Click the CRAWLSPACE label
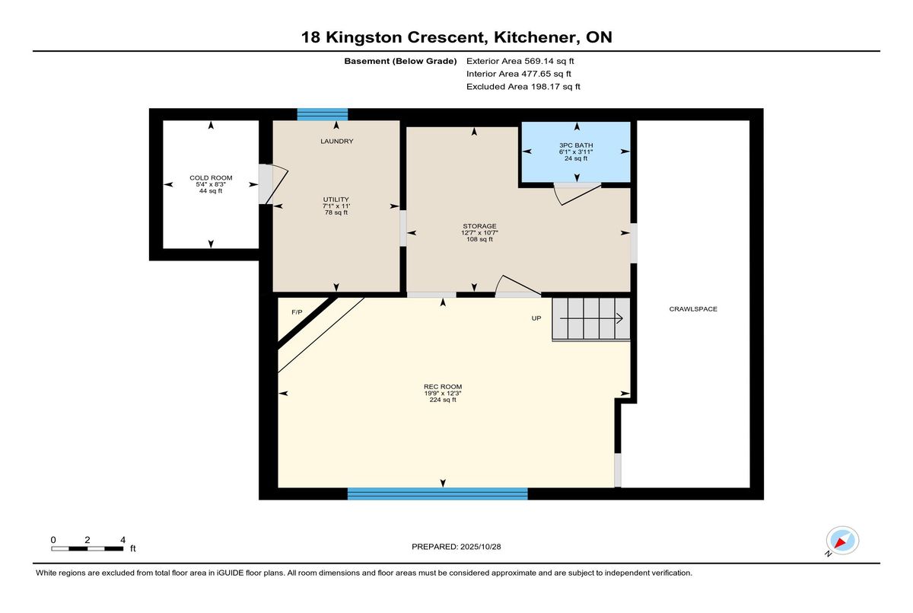pos(693,309)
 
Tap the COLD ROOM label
pos(211,178)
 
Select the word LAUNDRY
pos(336,141)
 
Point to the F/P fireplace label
pos(297,312)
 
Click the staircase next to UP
pos(591,319)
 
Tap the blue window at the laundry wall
pos(323,115)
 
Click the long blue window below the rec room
pos(437,493)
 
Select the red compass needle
pos(840,543)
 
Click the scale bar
pos(87,549)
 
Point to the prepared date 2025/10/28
pos(481,547)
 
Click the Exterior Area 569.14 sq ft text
pos(520,61)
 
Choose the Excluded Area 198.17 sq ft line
pos(523,87)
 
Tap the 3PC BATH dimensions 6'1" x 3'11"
pos(576,152)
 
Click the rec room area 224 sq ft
pos(443,400)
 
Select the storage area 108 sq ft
pos(480,239)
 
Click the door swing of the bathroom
pos(577,194)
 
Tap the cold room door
pos(274,184)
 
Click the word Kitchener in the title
pos(536,37)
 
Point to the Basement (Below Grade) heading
pos(400,61)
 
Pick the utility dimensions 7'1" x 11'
pos(336,206)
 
